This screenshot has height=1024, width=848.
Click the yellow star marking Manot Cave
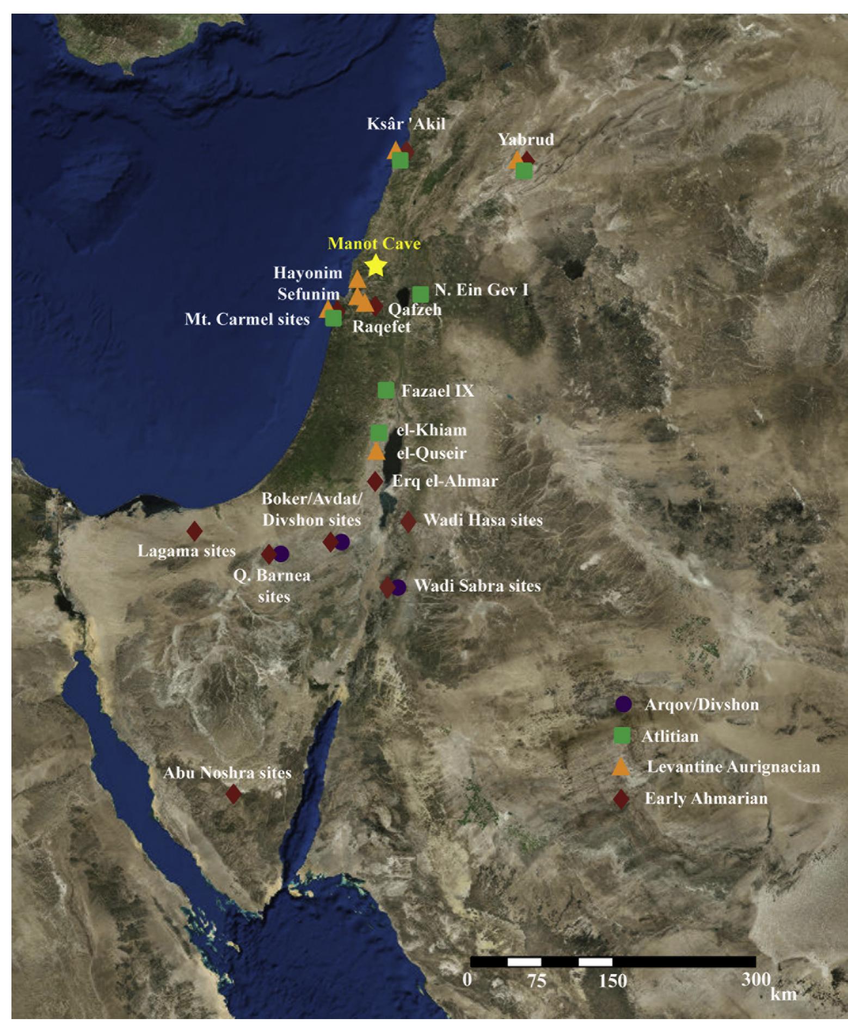[376, 266]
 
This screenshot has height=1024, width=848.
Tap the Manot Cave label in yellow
[374, 243]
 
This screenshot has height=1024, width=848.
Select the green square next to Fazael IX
[386, 390]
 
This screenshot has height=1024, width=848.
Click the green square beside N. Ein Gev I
[420, 294]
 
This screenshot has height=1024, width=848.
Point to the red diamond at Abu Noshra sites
[233, 794]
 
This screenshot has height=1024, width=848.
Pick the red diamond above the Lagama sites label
[194, 531]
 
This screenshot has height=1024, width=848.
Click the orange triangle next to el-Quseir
[376, 451]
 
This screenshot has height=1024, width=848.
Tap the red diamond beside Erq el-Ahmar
[375, 481]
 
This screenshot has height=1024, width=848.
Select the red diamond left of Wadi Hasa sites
[408, 521]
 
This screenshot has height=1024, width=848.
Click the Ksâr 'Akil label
[406, 124]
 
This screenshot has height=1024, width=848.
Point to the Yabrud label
[526, 139]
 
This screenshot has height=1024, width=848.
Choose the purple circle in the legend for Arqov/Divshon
[623, 704]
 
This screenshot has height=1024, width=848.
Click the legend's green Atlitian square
[622, 735]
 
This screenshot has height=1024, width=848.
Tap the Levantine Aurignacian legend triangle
[622, 767]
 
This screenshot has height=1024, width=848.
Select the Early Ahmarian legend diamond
[622, 799]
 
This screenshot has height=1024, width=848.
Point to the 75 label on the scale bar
[537, 980]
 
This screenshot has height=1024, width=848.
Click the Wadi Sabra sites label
[477, 586]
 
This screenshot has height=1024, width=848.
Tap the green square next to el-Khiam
[379, 432]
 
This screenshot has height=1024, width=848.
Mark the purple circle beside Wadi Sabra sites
[399, 587]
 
